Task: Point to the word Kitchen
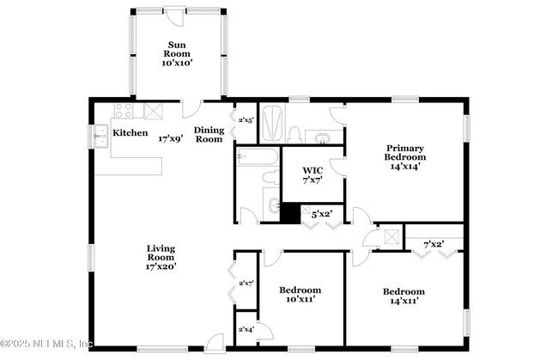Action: pos(130,134)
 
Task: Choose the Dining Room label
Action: pos(209,135)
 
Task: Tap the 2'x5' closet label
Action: pos(246,120)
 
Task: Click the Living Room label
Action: pos(161,253)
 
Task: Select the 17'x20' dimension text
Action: pos(161,266)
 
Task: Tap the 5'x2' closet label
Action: pos(321,213)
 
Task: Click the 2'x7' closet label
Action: pos(246,282)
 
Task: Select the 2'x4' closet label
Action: pos(246,328)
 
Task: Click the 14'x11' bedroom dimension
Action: pos(403,302)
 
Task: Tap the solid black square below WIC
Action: pos(290,213)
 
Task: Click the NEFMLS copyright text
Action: pos(46,345)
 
